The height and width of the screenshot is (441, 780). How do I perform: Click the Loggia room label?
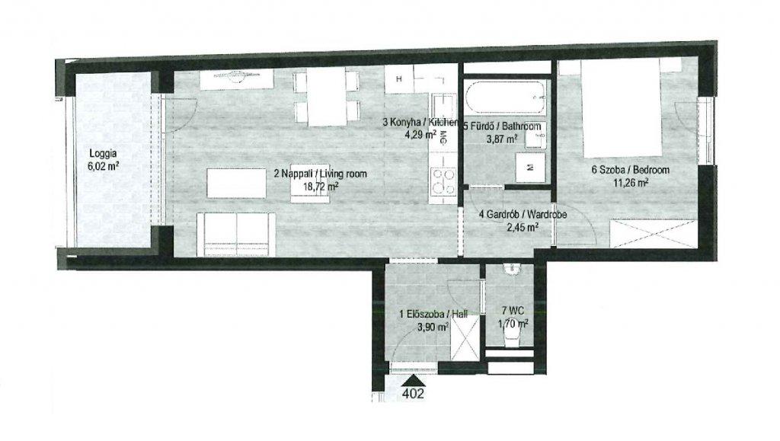pos(103,154)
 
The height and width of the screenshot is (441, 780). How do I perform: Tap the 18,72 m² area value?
pos(321,187)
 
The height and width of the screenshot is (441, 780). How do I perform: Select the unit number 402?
pos(414,394)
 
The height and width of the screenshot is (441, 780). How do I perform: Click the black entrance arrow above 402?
pos(414,381)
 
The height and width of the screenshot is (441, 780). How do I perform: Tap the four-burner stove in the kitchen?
pos(443,182)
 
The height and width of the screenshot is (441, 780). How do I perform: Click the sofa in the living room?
pos(236,234)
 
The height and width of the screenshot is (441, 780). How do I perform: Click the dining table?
pos(326,97)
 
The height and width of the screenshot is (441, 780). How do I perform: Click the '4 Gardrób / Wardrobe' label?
pos(523,215)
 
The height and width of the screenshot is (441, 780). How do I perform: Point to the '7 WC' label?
pos(513,312)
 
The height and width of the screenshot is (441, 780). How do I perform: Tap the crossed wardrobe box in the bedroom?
pos(652,233)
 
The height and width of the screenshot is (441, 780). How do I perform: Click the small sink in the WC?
pos(511,269)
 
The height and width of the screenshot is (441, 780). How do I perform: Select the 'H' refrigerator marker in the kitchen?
pos(399,78)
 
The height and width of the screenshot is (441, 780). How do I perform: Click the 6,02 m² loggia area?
pos(104,166)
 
